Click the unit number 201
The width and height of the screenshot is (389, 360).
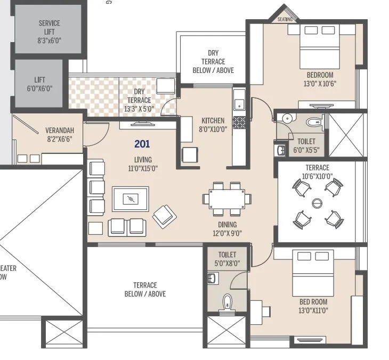(x=142, y=144)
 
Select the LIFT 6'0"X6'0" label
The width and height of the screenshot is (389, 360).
(x=40, y=84)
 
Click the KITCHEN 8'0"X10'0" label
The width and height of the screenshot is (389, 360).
(x=213, y=125)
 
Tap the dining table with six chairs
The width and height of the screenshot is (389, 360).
(x=226, y=199)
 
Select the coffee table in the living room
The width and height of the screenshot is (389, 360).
(x=131, y=199)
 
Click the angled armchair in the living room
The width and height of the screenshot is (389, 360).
(x=164, y=216)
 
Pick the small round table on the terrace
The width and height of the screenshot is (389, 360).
(x=318, y=203)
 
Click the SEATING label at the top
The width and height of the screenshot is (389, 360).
(x=285, y=20)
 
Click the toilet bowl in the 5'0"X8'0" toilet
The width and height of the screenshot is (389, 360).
(x=227, y=302)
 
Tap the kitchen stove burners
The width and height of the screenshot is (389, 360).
(x=239, y=122)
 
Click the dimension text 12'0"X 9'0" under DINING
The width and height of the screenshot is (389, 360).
(x=227, y=233)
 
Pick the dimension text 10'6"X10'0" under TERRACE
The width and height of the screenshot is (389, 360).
(x=317, y=176)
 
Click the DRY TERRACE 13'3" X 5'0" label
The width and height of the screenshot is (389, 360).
(x=139, y=100)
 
